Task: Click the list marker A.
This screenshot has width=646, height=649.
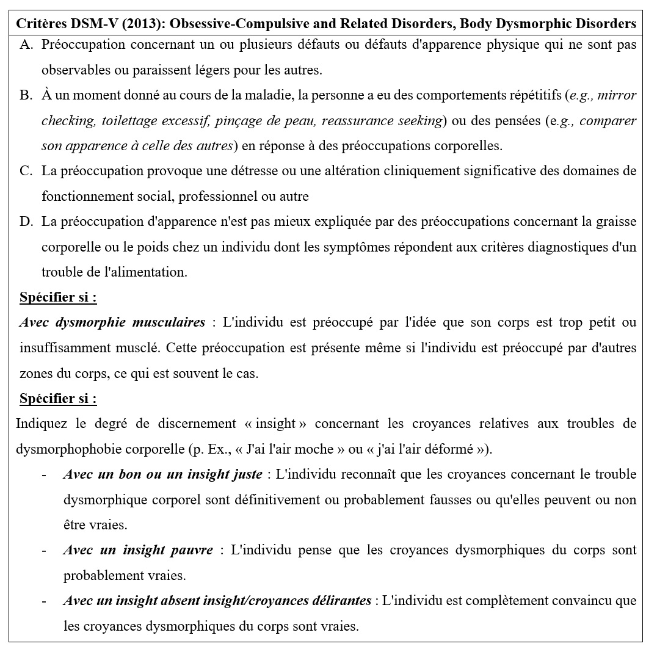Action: [x=27, y=45]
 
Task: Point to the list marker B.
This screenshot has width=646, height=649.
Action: [x=26, y=95]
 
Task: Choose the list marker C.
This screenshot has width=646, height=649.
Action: [x=26, y=171]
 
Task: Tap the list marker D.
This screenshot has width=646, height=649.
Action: [x=26, y=222]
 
